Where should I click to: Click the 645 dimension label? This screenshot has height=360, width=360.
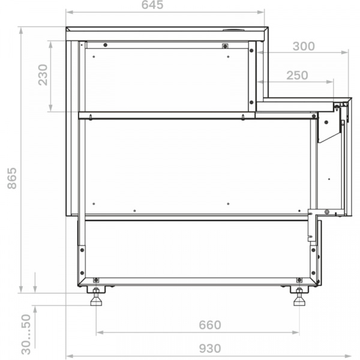click(x=152, y=5)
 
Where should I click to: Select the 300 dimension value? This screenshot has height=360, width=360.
click(x=304, y=46)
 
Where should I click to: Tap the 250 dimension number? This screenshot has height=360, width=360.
click(x=297, y=76)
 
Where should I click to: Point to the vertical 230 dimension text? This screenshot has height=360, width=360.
click(x=43, y=75)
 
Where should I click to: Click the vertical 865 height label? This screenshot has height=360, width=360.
click(x=12, y=178)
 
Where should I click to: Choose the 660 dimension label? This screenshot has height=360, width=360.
click(x=210, y=325)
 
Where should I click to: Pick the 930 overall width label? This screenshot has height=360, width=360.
click(x=210, y=349)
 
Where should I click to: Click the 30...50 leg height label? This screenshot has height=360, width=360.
click(x=26, y=334)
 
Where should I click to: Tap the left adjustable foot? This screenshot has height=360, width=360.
click(x=96, y=297)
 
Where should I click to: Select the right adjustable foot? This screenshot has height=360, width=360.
click(x=299, y=297)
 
